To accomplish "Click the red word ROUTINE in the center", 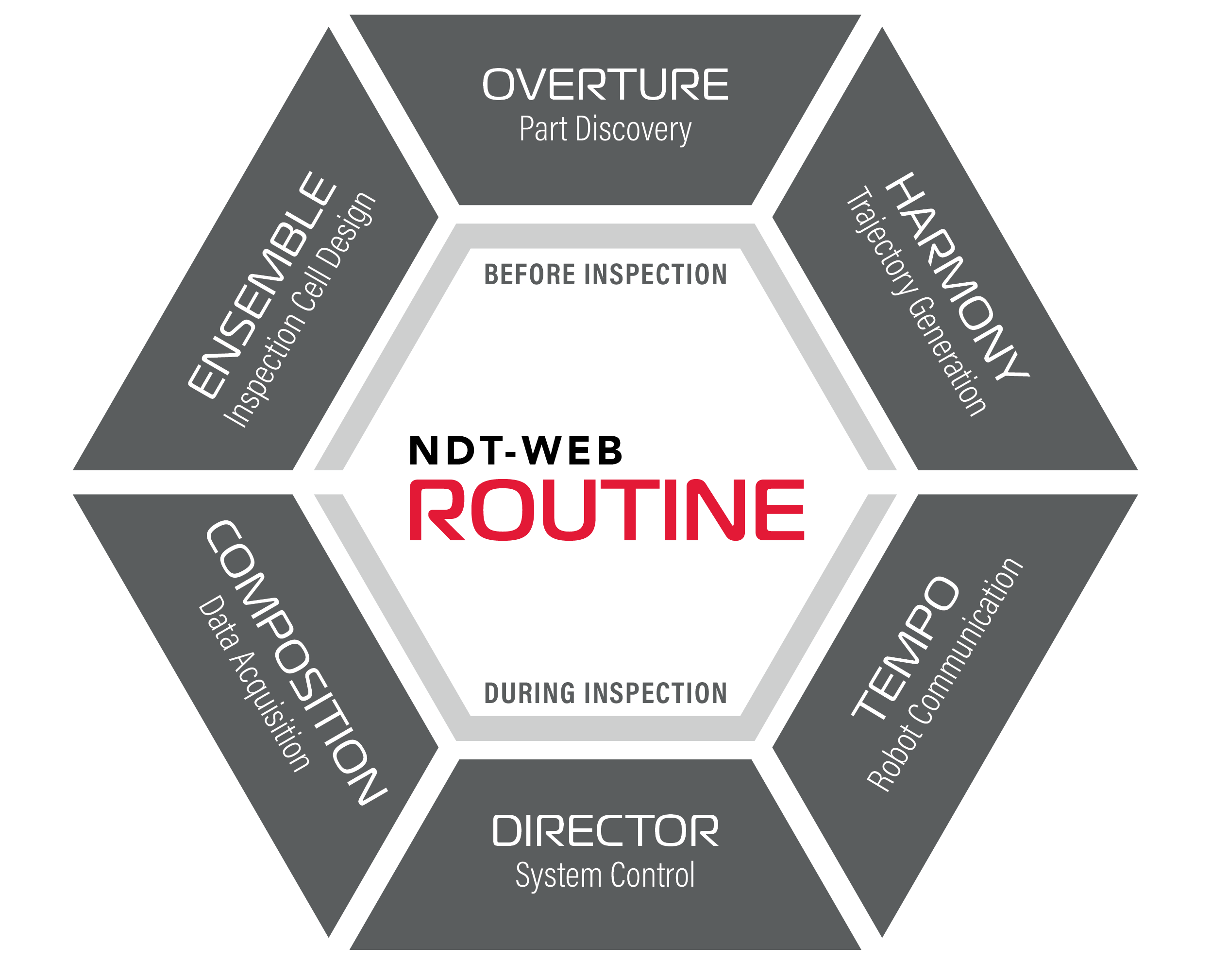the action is [x=606, y=510].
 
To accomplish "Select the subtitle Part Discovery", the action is [x=605, y=129].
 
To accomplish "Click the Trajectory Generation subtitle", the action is [x=916, y=301].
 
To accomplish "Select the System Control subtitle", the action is [x=605, y=875].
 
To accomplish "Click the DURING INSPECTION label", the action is [x=605, y=693].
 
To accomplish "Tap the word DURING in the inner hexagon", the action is [x=530, y=693].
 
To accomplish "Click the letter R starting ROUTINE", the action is [x=437, y=510].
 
